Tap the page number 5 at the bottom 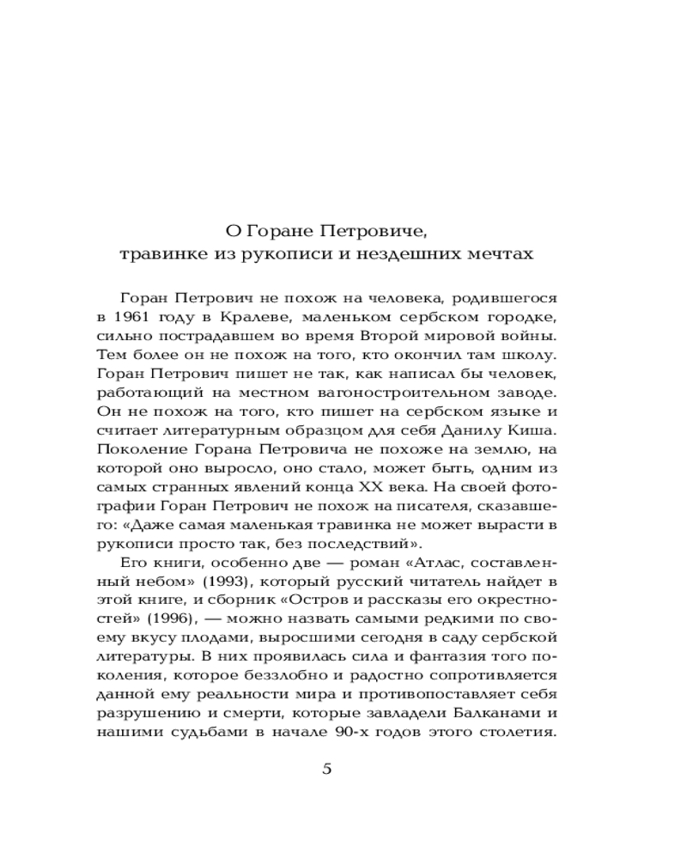point(326,769)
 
